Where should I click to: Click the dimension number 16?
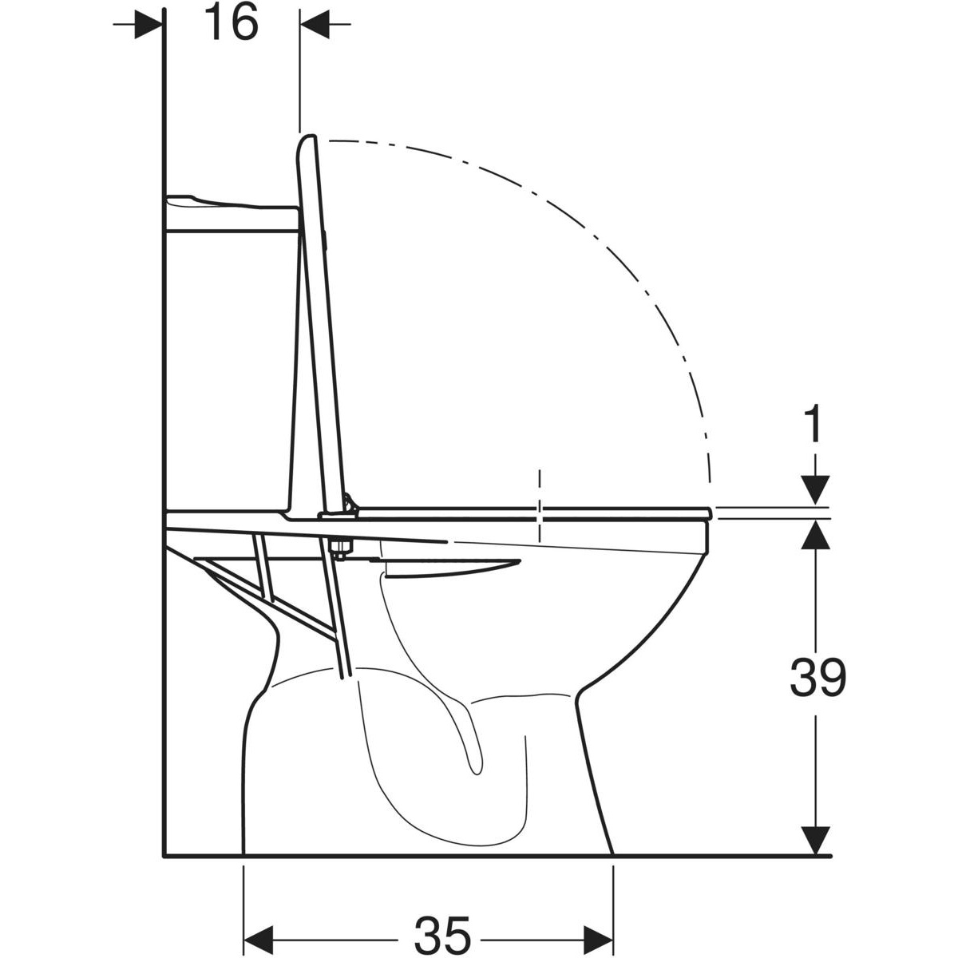[232, 23]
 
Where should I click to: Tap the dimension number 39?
[817, 676]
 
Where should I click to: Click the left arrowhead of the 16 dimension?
[148, 23]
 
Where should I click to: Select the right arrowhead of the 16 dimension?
[315, 23]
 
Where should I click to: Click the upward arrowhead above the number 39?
[815, 534]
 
